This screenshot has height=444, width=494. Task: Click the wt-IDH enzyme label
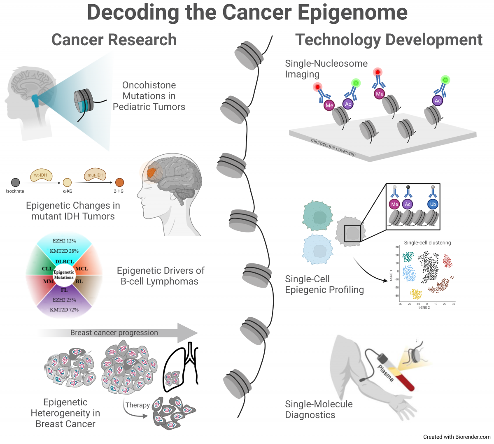click(x=41, y=175)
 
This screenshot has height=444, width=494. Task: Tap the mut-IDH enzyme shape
click(x=96, y=175)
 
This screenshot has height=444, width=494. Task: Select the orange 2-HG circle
click(x=119, y=182)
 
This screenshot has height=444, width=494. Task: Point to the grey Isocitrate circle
click(x=15, y=182)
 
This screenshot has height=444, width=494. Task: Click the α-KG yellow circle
click(x=67, y=183)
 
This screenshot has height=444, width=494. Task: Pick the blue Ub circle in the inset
click(x=433, y=204)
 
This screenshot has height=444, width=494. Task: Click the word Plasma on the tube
click(x=386, y=373)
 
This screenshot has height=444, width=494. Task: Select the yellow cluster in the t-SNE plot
click(x=416, y=294)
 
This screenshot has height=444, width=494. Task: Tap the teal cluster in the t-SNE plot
click(x=408, y=257)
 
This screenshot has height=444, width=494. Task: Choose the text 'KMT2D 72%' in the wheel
click(x=64, y=309)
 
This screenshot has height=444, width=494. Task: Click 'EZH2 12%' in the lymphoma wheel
click(x=64, y=241)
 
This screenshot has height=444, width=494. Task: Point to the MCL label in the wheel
click(x=82, y=269)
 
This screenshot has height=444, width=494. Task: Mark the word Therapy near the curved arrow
click(x=137, y=405)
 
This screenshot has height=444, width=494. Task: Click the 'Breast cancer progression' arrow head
click(x=189, y=332)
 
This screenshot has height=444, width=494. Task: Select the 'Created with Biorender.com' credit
click(x=457, y=437)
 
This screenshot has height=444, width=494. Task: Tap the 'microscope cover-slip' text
click(x=333, y=147)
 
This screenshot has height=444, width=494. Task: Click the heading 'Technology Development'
click(x=389, y=40)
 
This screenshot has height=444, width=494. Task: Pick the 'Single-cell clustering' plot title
click(x=427, y=243)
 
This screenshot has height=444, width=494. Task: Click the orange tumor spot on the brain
click(x=151, y=173)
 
